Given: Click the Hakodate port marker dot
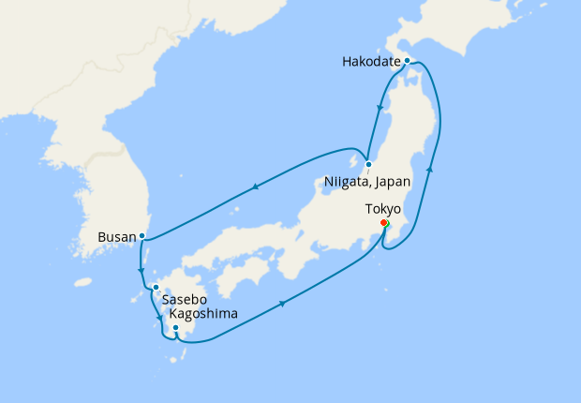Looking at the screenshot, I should [407, 60].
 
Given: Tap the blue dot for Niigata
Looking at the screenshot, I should [368, 164].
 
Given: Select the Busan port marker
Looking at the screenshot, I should [142, 235].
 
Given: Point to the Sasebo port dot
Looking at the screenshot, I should [156, 287].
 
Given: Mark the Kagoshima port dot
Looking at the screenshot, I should [175, 327].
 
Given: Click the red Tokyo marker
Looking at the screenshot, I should [384, 223].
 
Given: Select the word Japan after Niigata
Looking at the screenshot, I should [387, 180].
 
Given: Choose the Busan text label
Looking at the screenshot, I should [116, 237].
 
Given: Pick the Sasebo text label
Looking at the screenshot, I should [184, 300].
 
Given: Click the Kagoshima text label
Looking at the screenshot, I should [203, 314].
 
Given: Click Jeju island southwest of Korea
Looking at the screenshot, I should [82, 281].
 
